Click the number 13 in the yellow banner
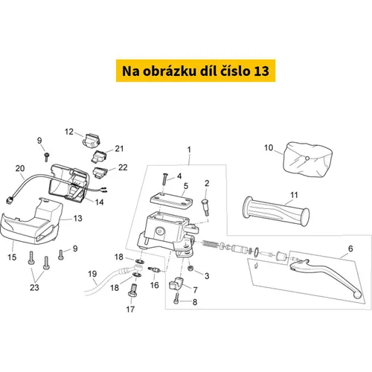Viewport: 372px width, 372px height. click(261, 71)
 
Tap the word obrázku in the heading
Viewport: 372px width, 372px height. click(170, 71)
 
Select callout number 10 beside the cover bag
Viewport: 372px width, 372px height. click(269, 148)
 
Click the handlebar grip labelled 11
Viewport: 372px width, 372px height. click(276, 211)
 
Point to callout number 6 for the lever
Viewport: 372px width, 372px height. click(350, 248)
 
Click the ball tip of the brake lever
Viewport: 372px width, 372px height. click(358, 295)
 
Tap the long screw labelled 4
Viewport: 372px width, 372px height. click(164, 179)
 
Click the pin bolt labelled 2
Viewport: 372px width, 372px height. click(206, 207)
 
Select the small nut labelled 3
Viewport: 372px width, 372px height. click(190, 268)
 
